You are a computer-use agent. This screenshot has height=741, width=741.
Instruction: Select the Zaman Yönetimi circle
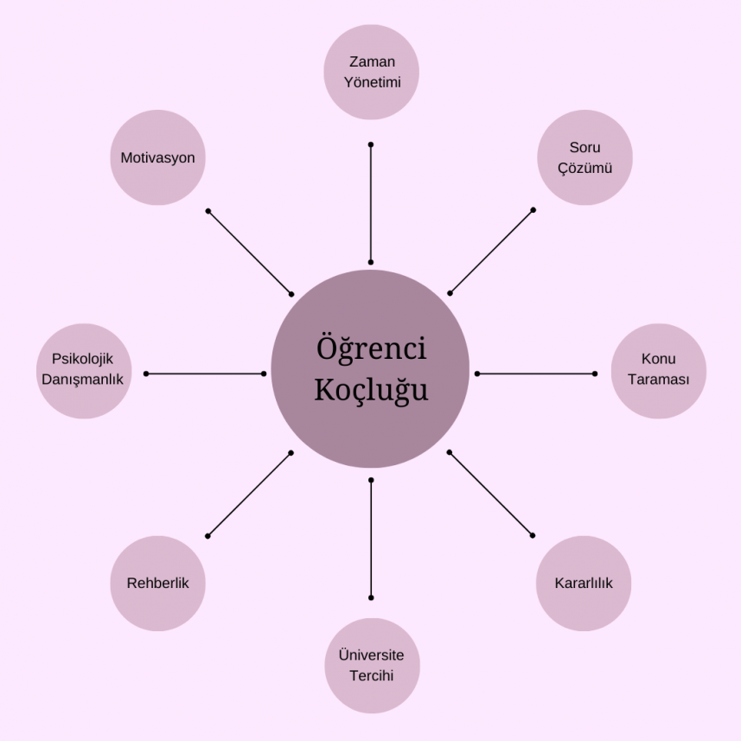371,72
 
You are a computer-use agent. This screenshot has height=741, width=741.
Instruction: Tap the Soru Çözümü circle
584,157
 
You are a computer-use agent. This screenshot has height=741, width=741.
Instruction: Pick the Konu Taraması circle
659,370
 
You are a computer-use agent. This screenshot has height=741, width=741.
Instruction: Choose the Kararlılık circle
584,584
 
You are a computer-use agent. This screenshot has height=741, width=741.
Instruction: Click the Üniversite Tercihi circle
371,665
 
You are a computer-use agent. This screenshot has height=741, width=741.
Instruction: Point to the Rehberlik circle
157,584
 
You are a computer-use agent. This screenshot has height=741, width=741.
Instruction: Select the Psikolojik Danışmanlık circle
83,370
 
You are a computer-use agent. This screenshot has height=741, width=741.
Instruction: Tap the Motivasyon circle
157,157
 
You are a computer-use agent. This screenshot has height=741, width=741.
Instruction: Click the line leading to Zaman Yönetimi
371,203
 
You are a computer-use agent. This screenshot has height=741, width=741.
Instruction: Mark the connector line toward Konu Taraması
536,374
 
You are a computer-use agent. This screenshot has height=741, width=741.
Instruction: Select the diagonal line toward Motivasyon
250,252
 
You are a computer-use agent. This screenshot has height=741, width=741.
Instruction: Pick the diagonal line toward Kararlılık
491,494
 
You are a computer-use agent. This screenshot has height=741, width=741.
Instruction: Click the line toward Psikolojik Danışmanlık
205,374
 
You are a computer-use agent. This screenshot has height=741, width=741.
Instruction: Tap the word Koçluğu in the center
371,390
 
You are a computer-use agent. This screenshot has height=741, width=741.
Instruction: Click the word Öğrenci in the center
371,350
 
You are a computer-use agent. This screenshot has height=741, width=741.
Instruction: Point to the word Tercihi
371,675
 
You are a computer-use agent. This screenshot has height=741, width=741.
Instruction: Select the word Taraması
659,380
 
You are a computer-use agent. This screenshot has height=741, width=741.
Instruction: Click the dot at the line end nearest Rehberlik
208,536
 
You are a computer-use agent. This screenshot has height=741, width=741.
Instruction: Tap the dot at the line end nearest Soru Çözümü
533,210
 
